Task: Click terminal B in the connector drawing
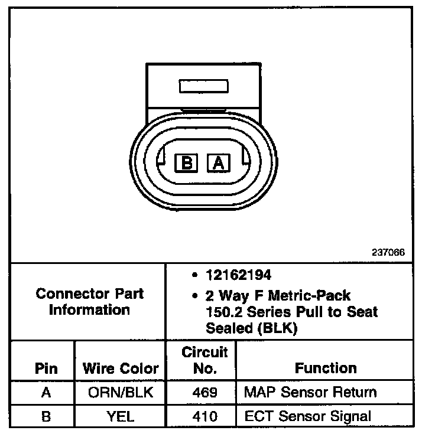[187, 162]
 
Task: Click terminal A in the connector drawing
[218, 162]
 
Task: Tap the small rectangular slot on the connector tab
[203, 86]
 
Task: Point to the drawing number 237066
[388, 252]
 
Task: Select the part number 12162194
[232, 275]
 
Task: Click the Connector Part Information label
[90, 301]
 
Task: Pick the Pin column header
[46, 368]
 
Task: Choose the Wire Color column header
[121, 368]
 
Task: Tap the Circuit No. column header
[204, 361]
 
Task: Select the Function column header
[326, 368]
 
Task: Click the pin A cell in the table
[46, 392]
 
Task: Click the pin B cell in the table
[46, 416]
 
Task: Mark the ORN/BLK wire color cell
[121, 392]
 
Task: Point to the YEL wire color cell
[121, 416]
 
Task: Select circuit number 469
[204, 392]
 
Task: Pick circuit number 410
[204, 416]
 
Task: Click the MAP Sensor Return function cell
[310, 392]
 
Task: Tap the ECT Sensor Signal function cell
[307, 416]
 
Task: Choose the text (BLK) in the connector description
[278, 328]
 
